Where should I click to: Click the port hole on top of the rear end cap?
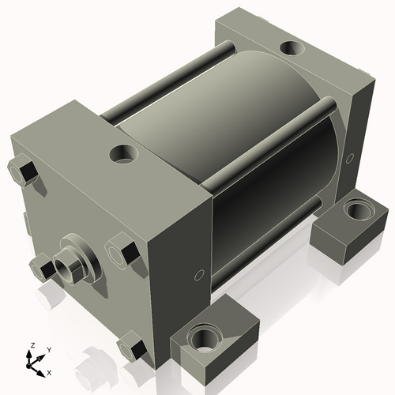[293, 49]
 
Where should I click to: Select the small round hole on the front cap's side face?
[199, 276]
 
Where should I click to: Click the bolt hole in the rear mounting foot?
[359, 212]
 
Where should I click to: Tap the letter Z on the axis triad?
[32, 345]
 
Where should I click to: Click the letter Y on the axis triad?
[48, 349]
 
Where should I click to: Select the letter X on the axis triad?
[50, 371]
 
